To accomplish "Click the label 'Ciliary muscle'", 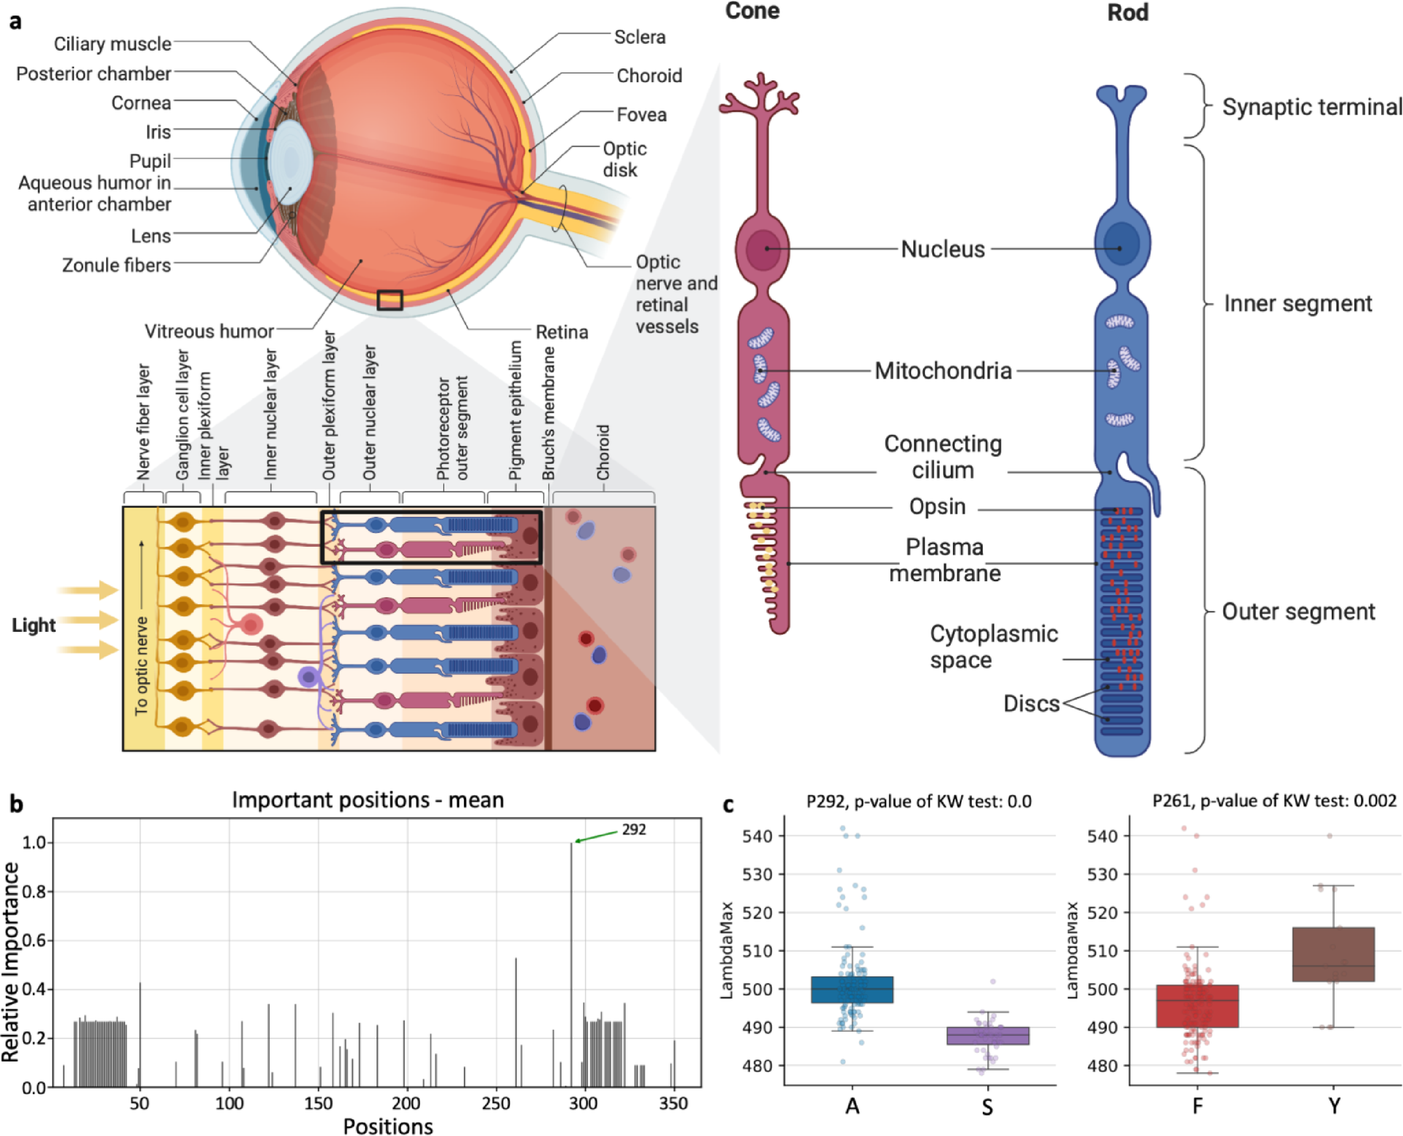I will click(113, 44).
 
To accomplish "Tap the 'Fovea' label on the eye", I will click(641, 115).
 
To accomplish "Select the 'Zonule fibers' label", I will click(116, 265).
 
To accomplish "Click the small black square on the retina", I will click(390, 300).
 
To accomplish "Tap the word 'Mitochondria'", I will click(943, 371).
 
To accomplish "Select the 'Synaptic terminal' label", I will click(1311, 108).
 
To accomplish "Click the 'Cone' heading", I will click(752, 11).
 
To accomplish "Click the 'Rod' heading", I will click(1127, 12).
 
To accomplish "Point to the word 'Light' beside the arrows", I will click(33, 625).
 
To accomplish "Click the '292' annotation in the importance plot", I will click(634, 830).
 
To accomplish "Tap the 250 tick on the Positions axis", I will click(496, 1103).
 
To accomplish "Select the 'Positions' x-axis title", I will click(387, 1127).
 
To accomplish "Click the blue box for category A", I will click(852, 990).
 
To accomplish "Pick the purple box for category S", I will click(988, 1036).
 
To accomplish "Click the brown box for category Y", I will click(1333, 954).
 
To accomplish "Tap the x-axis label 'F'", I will click(1197, 1106).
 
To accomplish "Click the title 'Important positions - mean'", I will click(368, 800).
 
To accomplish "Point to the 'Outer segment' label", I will click(1298, 612).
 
